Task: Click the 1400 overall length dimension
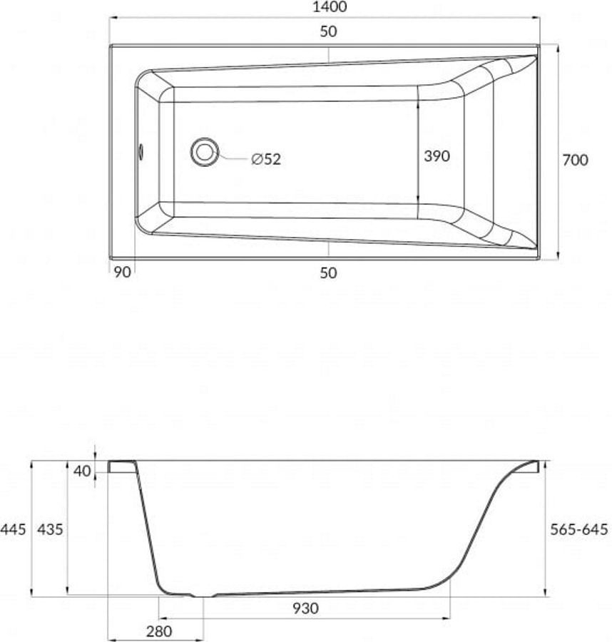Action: point(329,7)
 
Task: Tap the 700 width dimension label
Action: point(575,160)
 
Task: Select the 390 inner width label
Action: point(437,156)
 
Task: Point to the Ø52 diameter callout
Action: point(266,159)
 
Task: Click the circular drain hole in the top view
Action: point(204,152)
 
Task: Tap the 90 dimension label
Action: point(121,272)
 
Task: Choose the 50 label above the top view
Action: point(328,31)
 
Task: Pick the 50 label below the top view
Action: point(328,272)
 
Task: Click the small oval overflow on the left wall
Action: point(141,152)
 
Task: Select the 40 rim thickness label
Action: point(82,471)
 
